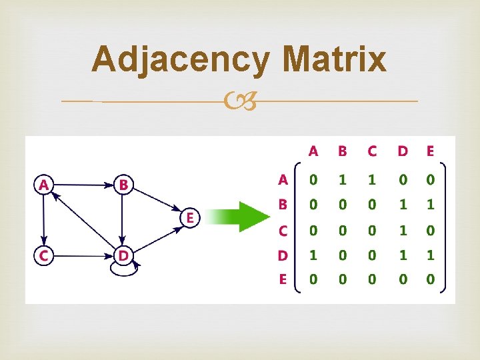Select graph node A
pos(44,185)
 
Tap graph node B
pos(123,185)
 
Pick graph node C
pos(44,255)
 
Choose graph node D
pos(123,255)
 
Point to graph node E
pos(191,217)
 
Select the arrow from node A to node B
pos(83,185)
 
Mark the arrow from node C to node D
pos(83,255)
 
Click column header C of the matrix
pos(372,151)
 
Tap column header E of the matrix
pos(430,151)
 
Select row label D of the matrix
pos(283,255)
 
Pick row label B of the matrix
pos(283,205)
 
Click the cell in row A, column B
pos(343,179)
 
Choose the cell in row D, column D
pos(402,255)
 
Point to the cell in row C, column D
pos(402,230)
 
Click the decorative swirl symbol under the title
pos(240,101)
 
